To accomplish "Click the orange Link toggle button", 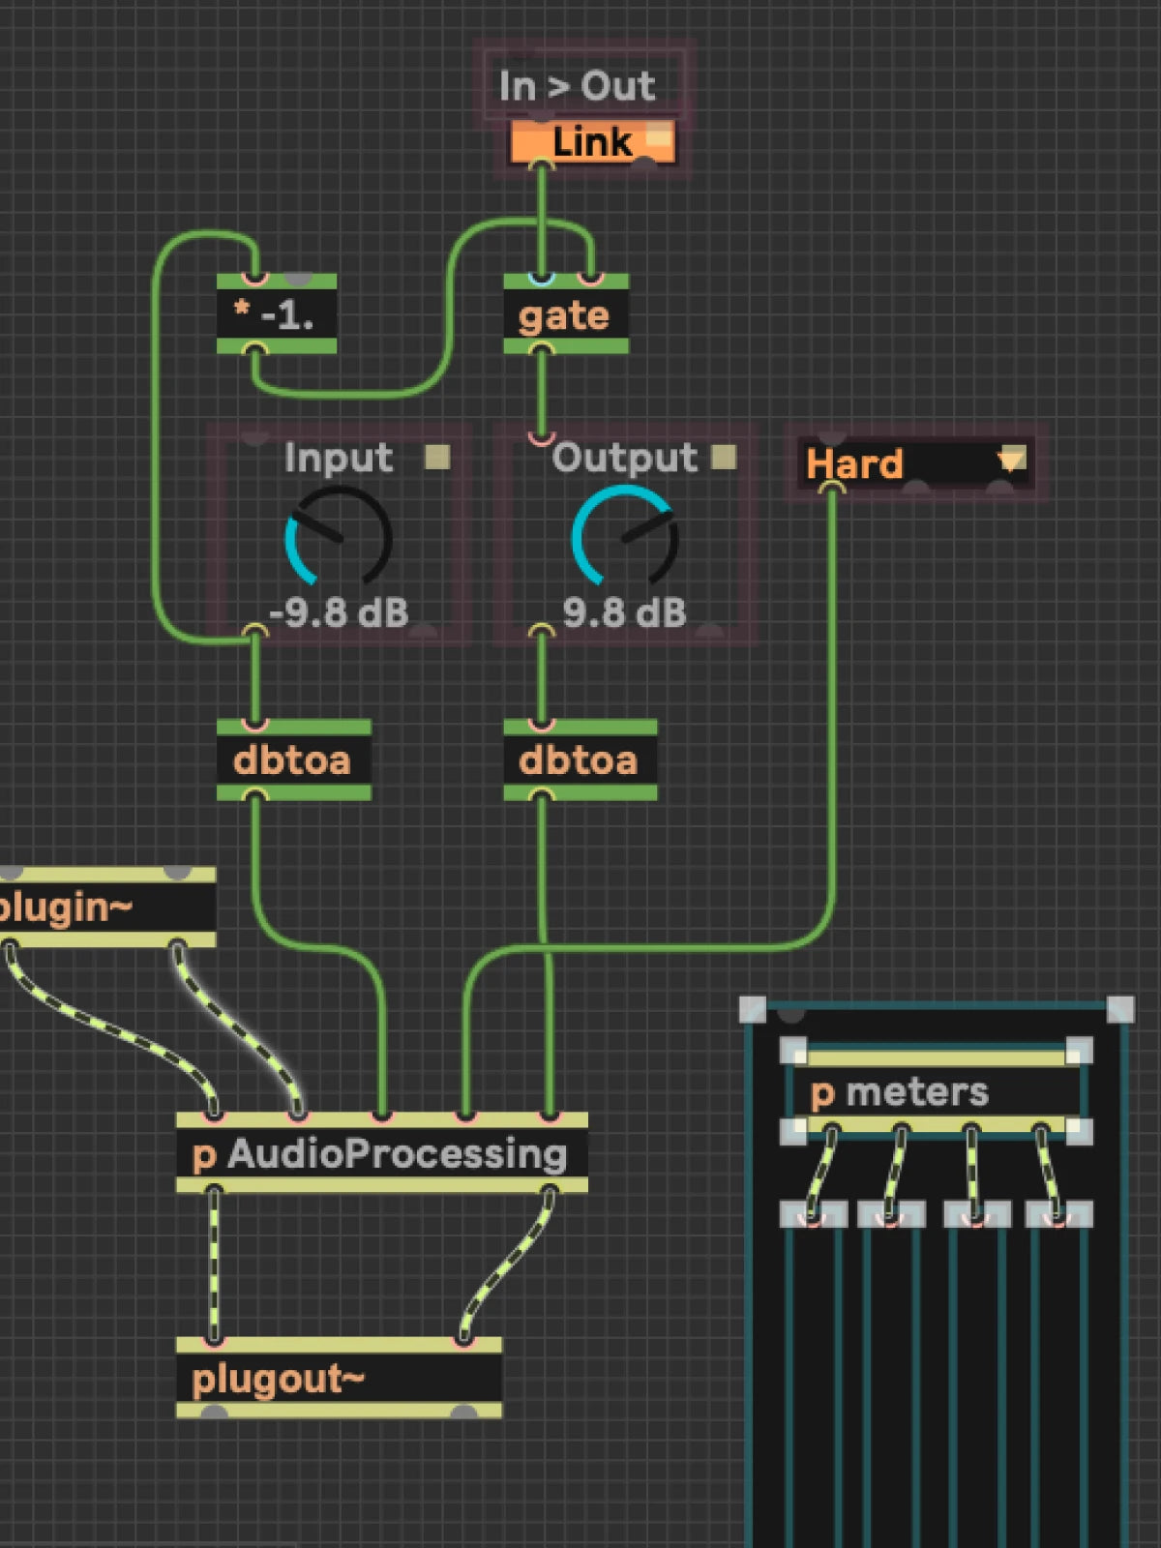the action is click(x=593, y=142).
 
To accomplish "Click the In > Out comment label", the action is click(x=578, y=86).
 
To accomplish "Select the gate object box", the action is click(x=565, y=314).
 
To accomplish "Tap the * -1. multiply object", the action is click(x=277, y=314).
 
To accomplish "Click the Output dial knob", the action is click(x=625, y=537).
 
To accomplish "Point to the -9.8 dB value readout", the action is click(x=339, y=612).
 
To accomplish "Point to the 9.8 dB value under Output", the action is click(x=625, y=612).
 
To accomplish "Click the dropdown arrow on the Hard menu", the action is click(x=1012, y=460).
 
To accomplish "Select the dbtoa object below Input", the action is click(x=294, y=759).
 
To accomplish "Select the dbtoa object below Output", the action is click(x=580, y=759).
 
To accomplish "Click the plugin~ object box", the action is click(x=105, y=907).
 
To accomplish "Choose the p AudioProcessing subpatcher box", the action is click(x=381, y=1153).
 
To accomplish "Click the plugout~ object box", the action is click(x=339, y=1378).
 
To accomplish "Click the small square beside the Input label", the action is click(x=437, y=457).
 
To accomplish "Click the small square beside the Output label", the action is click(x=724, y=457).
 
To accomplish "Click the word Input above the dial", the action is click(x=339, y=458).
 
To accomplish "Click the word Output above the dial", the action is click(x=625, y=458).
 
